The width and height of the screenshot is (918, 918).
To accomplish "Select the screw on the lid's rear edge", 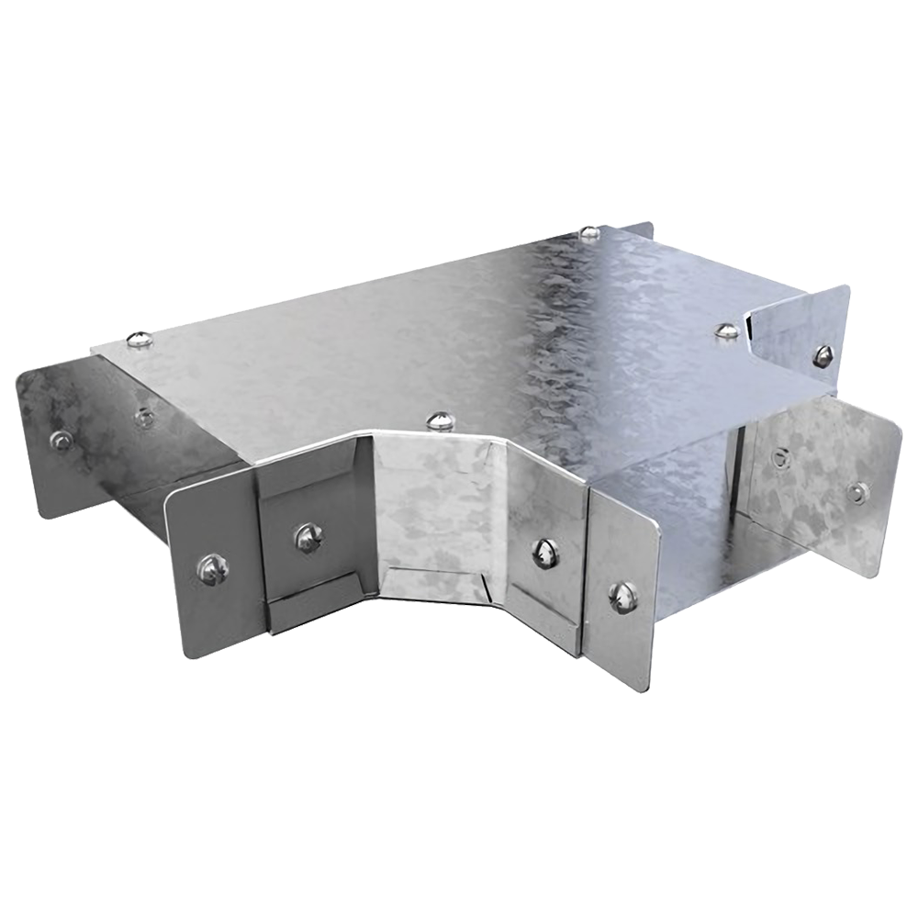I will coord(588,233).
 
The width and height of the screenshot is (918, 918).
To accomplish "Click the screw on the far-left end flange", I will coord(61,440).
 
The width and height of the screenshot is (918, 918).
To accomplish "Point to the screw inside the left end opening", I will coord(142,418).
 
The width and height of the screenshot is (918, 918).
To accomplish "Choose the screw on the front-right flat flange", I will coord(624,597).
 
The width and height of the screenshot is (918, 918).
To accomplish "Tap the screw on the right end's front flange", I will coord(858,493).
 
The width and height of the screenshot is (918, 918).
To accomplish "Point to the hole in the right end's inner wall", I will coord(780,454).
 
